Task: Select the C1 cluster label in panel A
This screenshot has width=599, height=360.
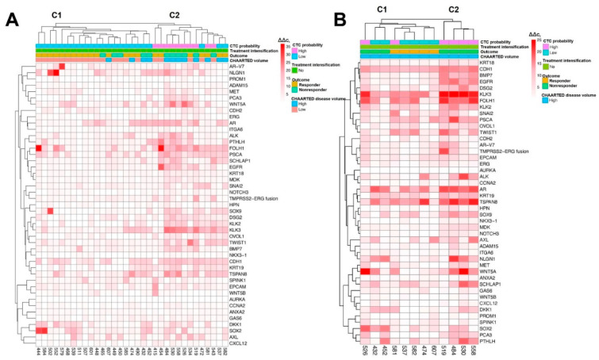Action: click(57, 15)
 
